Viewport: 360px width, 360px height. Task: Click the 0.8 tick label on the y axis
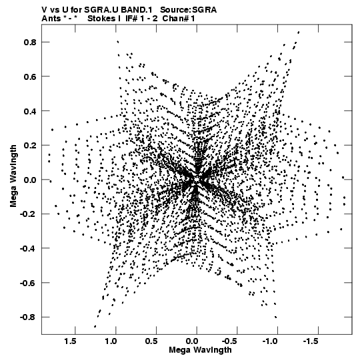point(30,42)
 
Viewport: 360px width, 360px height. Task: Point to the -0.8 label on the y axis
point(28,317)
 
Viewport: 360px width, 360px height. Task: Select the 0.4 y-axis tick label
point(30,111)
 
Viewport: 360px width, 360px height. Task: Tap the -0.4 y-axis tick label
point(28,248)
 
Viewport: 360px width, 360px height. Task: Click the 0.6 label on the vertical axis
point(30,77)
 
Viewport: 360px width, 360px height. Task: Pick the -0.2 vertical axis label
point(28,214)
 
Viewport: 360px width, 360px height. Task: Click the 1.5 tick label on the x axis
point(70,341)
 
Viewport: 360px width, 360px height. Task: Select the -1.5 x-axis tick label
point(311,341)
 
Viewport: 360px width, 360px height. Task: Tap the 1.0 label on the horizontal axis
point(111,341)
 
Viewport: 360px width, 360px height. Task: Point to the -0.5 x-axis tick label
point(229,341)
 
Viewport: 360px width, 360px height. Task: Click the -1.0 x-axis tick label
point(270,341)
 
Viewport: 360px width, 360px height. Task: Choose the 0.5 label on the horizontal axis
point(151,341)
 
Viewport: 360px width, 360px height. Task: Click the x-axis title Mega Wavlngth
point(200,350)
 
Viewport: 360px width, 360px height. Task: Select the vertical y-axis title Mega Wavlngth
point(13,176)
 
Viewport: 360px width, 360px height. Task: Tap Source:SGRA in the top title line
point(188,10)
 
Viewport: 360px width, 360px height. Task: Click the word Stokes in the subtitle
point(101,19)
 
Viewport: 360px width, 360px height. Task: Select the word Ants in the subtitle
point(51,19)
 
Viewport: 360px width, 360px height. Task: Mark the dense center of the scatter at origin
point(197,179)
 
